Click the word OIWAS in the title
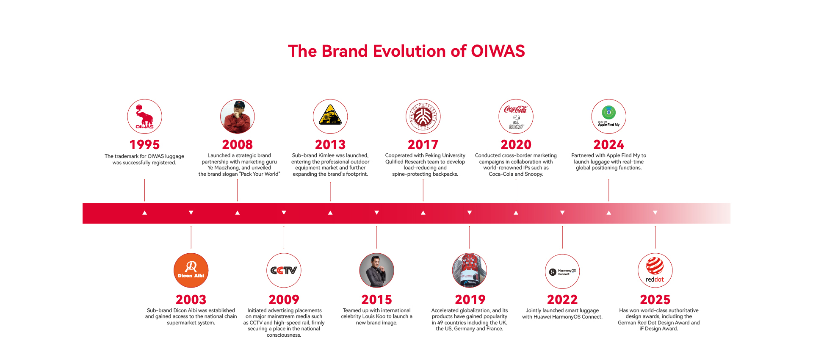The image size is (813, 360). (x=498, y=51)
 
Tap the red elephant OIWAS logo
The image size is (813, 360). (x=144, y=116)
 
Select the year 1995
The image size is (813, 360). (x=144, y=145)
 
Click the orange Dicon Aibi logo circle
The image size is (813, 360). (x=191, y=271)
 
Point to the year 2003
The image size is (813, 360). (x=191, y=300)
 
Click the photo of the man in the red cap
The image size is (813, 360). (x=238, y=116)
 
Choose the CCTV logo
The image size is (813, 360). (x=284, y=271)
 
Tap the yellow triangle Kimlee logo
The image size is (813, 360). (x=330, y=116)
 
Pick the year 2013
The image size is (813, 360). (x=330, y=145)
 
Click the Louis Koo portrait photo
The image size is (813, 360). (x=377, y=271)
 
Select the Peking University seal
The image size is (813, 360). (x=423, y=116)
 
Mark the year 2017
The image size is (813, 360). (x=423, y=145)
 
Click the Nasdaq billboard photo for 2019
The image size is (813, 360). (x=470, y=271)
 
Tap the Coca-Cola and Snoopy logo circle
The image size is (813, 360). (x=516, y=116)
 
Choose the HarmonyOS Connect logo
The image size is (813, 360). (x=562, y=271)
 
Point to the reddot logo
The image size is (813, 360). (x=655, y=271)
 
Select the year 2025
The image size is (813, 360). (x=655, y=300)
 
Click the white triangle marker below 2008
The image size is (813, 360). (x=238, y=213)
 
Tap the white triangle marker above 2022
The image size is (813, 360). (x=562, y=213)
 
